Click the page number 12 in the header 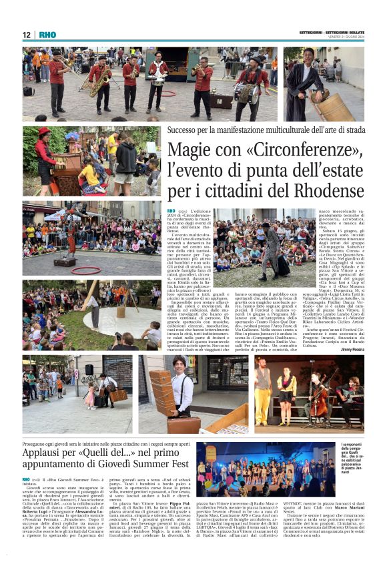coord(27,35)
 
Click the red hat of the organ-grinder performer coord(44,131)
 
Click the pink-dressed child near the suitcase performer coord(89,395)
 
